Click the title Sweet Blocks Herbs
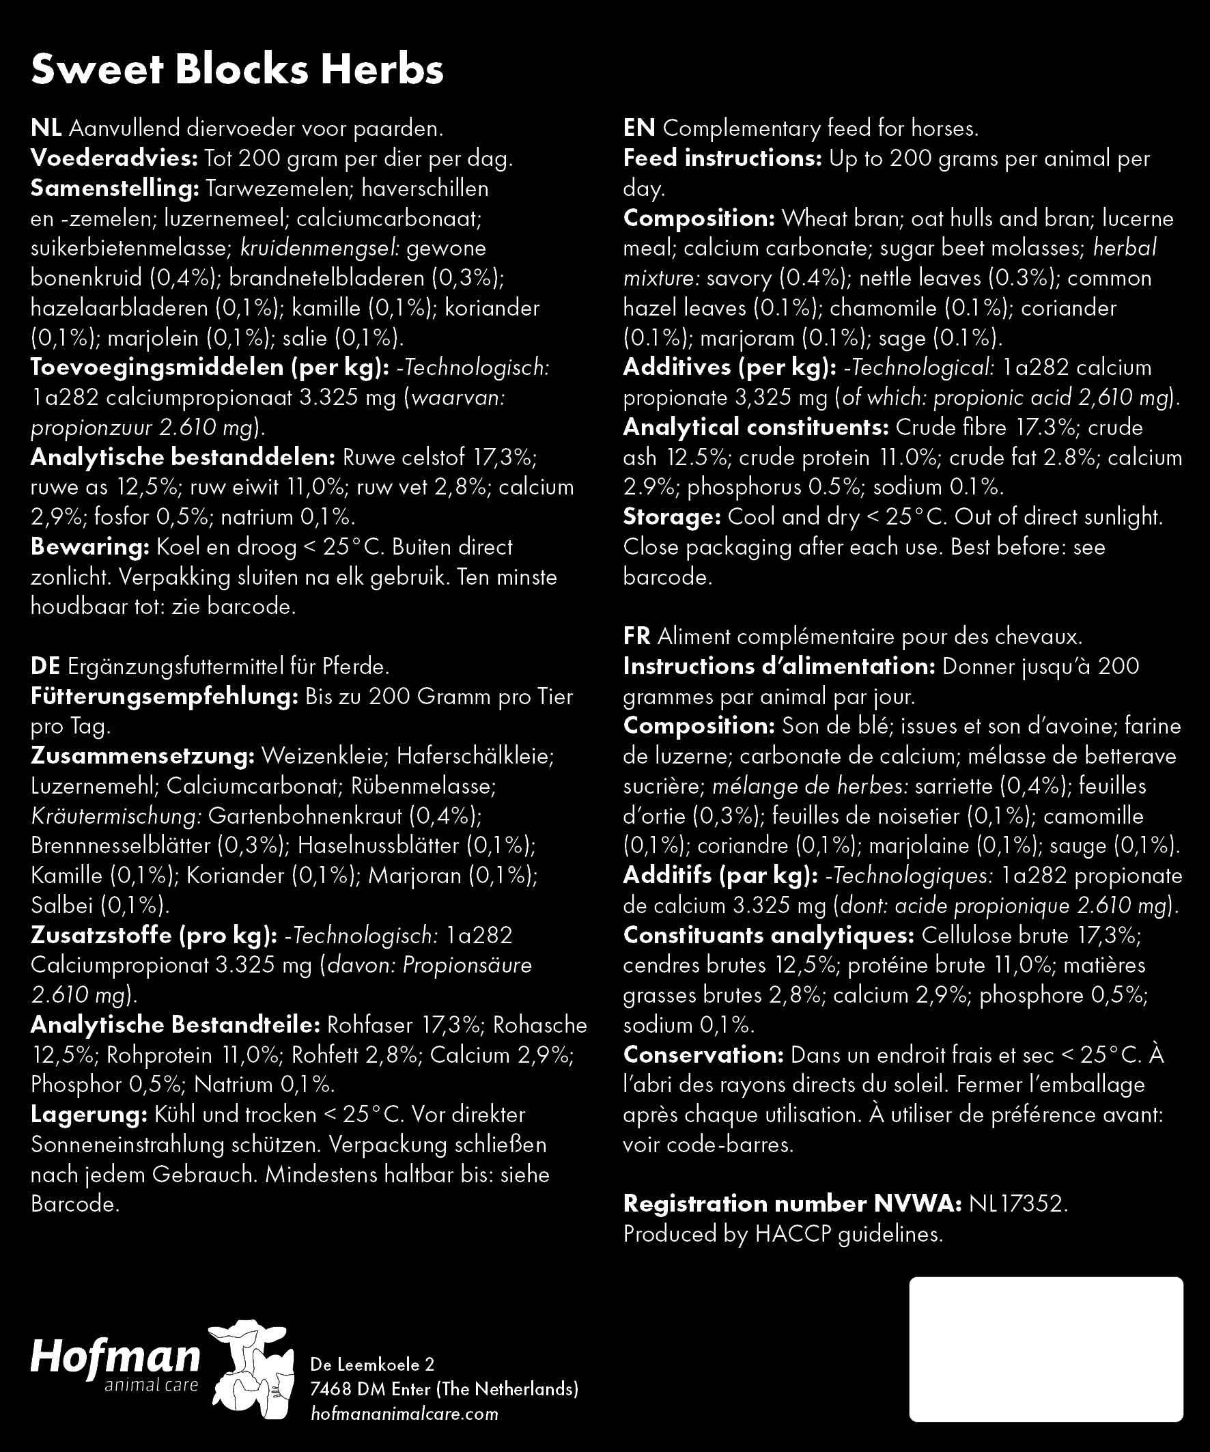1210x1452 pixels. (237, 70)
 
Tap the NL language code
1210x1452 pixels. (46, 128)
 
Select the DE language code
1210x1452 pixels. (45, 667)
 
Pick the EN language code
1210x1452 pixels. (639, 128)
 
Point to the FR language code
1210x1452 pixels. (636, 636)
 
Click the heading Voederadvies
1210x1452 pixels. (115, 158)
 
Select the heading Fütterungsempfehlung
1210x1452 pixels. (164, 696)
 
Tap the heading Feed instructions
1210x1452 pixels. (722, 158)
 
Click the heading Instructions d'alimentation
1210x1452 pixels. (778, 667)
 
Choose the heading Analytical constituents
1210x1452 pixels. (756, 428)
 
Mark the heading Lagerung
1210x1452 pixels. (89, 1115)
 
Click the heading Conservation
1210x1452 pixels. (703, 1055)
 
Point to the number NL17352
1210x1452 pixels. (1018, 1204)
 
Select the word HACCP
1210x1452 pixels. (792, 1234)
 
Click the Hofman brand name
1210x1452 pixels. (115, 1356)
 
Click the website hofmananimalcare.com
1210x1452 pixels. (404, 1413)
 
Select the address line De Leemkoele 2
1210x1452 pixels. (372, 1364)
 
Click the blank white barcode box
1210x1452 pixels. (1045, 1350)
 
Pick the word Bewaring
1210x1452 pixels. (90, 547)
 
